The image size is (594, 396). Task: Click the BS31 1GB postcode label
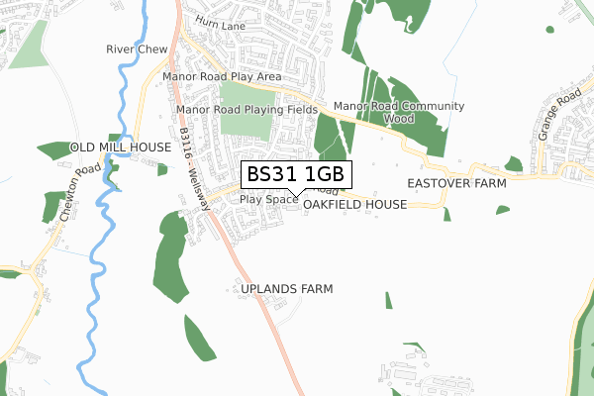click(x=295, y=174)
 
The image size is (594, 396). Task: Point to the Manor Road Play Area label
click(x=222, y=76)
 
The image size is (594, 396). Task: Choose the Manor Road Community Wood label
click(x=399, y=112)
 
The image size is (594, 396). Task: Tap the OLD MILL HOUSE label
click(x=121, y=147)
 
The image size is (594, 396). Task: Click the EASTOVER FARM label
click(x=456, y=184)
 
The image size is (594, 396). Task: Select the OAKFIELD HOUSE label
click(x=355, y=204)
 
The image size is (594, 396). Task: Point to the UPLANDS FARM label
click(x=287, y=289)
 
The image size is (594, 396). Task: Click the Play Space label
click(x=268, y=199)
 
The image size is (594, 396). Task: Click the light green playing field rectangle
click(x=245, y=109)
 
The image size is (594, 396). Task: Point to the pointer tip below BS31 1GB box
click(x=296, y=195)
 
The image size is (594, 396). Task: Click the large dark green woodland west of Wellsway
click(x=170, y=257)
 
